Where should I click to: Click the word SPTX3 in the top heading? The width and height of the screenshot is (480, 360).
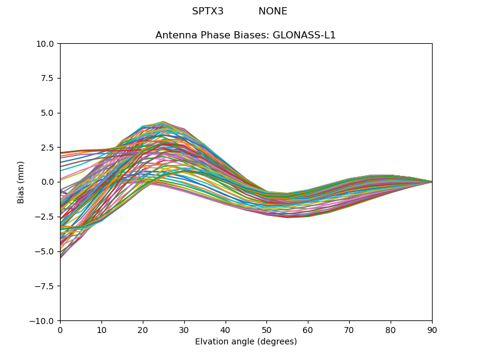pos(208,11)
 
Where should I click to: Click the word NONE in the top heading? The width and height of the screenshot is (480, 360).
pos(273,11)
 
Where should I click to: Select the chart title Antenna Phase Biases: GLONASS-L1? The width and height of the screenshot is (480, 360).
pos(245,35)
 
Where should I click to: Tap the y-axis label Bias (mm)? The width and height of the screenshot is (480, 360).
pos(21,182)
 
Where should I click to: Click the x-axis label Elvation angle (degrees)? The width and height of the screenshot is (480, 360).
pos(245,342)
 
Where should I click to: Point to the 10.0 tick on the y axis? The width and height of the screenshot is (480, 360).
pos(46,44)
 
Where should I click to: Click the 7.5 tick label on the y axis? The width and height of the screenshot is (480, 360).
pos(48,78)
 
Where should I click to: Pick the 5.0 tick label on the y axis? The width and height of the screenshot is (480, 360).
pos(48,113)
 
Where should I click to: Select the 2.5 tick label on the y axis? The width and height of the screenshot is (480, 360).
pos(48,148)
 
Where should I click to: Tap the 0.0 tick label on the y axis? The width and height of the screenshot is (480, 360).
pos(48,182)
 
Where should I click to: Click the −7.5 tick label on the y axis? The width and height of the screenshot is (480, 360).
pos(45,286)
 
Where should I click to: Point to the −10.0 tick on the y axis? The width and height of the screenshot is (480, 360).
pos(43,321)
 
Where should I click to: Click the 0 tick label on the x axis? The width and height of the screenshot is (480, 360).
pos(60,330)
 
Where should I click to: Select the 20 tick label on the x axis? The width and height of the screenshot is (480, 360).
pos(143,330)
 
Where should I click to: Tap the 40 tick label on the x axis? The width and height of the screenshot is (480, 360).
pos(226,330)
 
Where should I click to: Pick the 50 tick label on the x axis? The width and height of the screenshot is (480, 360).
pos(266,330)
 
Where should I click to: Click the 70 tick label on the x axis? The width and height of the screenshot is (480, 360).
pos(349,330)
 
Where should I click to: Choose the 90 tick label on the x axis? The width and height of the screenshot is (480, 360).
pos(432,330)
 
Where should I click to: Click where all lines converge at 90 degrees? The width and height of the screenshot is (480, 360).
pos(431,182)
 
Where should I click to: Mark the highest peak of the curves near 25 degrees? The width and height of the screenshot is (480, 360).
pos(163,122)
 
